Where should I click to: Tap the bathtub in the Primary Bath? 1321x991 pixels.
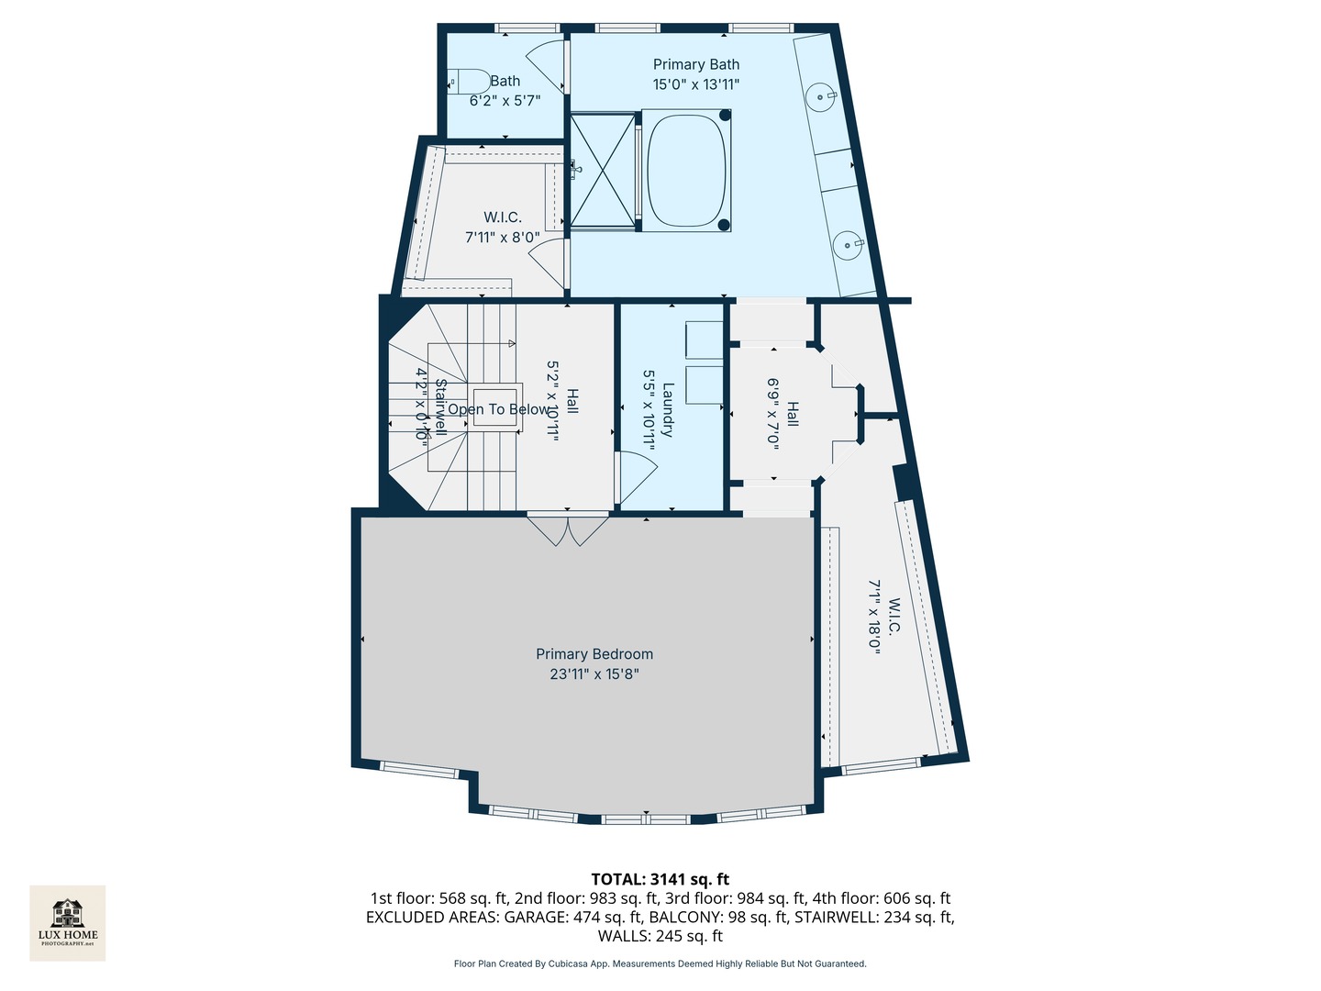(x=687, y=170)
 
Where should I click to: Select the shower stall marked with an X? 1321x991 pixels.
(x=602, y=170)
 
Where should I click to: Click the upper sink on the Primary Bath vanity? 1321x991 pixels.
(x=822, y=95)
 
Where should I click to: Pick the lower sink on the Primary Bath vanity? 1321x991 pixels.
(x=849, y=244)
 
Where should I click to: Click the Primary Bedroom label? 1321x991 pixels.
(x=594, y=654)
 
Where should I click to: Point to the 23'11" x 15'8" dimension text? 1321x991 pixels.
(x=594, y=674)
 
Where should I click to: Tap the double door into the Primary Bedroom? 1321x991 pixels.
(x=568, y=530)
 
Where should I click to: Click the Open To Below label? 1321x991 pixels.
(x=499, y=409)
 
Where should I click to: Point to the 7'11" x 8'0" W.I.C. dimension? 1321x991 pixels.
(x=502, y=238)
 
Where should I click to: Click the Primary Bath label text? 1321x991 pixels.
(x=695, y=64)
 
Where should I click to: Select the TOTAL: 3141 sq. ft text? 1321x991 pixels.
(x=660, y=879)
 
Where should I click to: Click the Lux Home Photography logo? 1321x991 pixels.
(x=68, y=922)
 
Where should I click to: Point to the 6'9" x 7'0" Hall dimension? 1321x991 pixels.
(x=773, y=412)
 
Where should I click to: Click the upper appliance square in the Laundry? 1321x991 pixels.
(x=704, y=340)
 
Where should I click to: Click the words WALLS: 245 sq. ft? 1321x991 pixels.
(x=660, y=936)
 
